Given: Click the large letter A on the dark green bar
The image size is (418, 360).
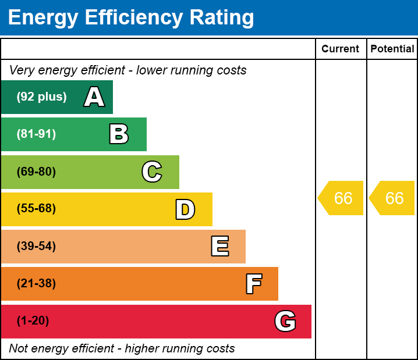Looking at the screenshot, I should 94,97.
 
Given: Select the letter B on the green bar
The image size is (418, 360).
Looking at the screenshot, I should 119,134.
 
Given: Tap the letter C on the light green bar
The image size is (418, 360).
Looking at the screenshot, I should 151,172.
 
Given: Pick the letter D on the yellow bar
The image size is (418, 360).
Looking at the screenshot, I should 185,209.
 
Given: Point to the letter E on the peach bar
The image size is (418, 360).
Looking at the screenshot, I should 219,247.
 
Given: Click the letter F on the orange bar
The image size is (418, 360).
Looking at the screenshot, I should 253,284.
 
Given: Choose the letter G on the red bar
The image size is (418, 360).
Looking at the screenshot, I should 285,321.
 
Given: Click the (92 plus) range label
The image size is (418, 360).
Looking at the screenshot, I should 41,97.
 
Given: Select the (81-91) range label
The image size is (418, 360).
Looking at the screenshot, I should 36,134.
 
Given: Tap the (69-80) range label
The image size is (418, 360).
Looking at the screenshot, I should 36,172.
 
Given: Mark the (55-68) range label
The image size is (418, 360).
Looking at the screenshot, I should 36,209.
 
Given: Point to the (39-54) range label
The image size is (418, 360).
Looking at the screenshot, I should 36,246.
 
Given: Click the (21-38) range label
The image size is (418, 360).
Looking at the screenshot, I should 36,284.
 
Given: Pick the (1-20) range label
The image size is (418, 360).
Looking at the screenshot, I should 33,321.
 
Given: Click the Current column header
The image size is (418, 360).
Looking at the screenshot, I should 341,49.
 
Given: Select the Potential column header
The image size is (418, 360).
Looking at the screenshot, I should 392,49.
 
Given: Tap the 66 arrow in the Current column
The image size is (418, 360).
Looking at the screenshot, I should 342,198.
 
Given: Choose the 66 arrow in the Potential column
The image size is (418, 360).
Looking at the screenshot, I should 394,198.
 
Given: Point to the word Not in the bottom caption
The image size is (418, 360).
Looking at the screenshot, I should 18,348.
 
